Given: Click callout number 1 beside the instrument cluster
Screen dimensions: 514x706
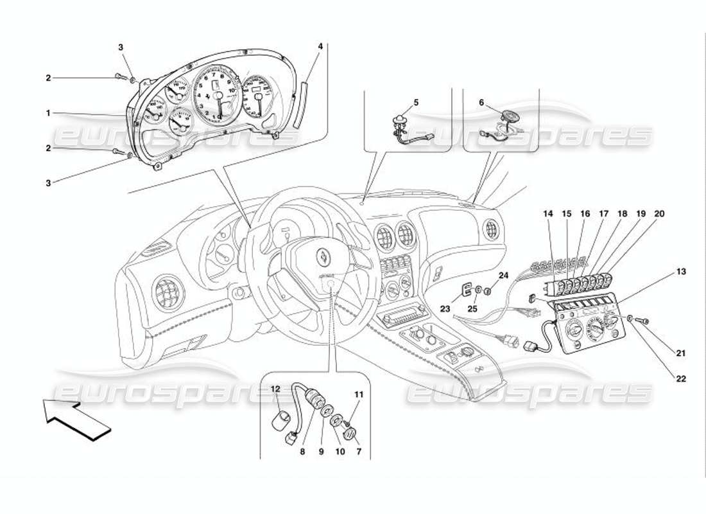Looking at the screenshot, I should pos(47,113).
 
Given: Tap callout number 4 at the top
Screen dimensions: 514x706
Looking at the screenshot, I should pos(320,46).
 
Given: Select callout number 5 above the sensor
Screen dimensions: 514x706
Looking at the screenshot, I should pos(415,102).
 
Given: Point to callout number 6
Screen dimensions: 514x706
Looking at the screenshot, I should pos(481,102).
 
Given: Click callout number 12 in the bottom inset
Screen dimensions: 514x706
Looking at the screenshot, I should pos(275,389).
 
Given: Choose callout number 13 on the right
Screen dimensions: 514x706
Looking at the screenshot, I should pos(680,272).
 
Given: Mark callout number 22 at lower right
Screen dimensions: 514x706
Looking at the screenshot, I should pos(680,379).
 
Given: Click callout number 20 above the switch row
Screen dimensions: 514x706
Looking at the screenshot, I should pos(660,213).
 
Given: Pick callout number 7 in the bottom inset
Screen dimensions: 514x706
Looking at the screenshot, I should pos(359,452).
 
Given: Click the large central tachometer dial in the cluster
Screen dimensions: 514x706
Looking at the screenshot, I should pos(218,96).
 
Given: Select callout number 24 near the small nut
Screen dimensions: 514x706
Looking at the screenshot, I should pos(504,276).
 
